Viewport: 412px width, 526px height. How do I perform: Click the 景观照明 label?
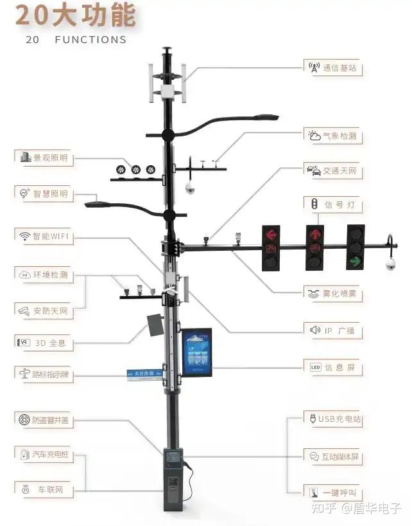[x=44, y=158]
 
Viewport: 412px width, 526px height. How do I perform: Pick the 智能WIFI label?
[x=44, y=237]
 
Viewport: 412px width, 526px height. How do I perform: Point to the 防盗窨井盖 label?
[x=44, y=421]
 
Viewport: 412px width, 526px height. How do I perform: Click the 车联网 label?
[x=44, y=490]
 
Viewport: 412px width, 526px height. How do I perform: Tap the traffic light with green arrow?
[x=356, y=248]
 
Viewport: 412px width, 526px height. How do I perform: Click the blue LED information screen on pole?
[x=196, y=352]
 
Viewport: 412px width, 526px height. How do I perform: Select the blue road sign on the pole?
[x=144, y=374]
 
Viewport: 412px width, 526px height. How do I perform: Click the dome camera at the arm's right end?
[x=390, y=264]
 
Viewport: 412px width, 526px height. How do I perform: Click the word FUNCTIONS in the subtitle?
[x=90, y=40]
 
